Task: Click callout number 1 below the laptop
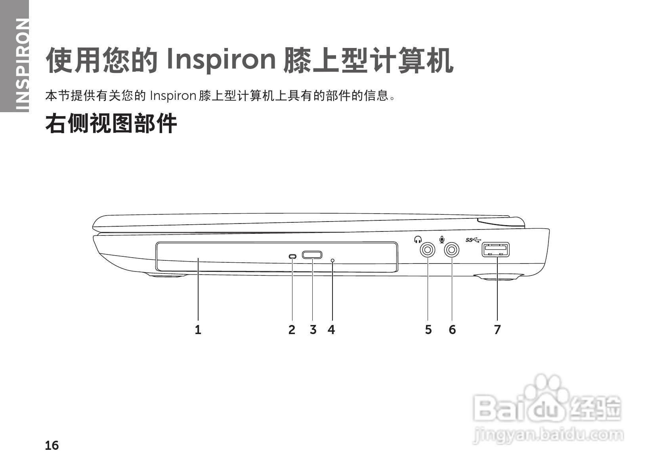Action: [198, 329]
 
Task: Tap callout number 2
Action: [292, 329]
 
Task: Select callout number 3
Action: [313, 329]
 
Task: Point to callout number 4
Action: [331, 329]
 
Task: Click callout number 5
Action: [428, 329]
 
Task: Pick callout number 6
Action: [452, 329]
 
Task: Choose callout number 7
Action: [497, 329]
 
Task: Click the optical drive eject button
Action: [312, 255]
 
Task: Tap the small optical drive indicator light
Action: [292, 257]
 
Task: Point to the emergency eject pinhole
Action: [332, 260]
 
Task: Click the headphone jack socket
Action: [427, 250]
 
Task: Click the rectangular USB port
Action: [496, 250]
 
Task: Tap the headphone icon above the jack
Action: [417, 239]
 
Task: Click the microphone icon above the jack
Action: [441, 239]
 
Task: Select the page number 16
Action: [52, 445]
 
